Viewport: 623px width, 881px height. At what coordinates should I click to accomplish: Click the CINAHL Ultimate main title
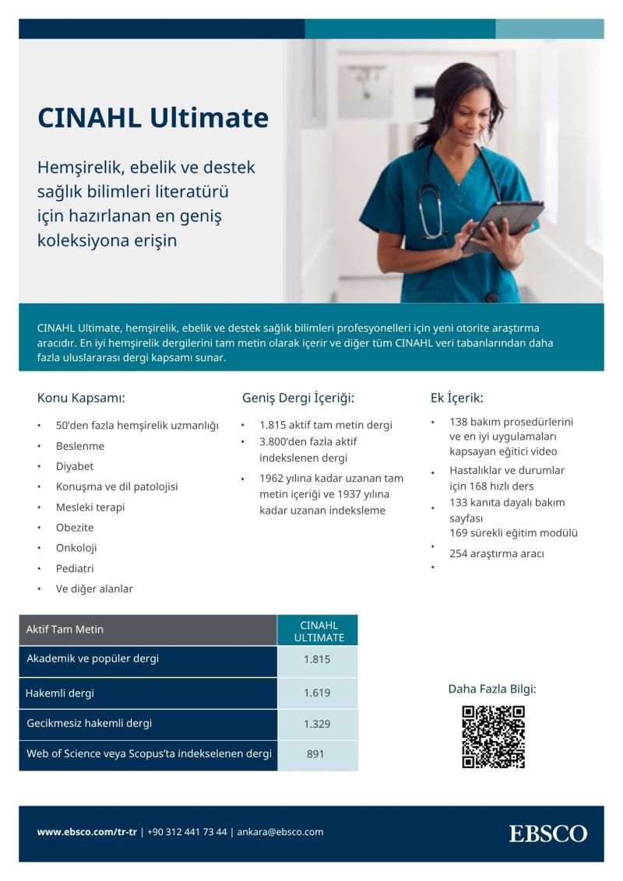point(153,118)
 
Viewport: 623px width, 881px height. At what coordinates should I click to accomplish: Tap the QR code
point(493,736)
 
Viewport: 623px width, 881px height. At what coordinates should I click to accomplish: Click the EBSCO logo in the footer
point(548,834)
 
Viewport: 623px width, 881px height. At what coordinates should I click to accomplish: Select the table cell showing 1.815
point(317,660)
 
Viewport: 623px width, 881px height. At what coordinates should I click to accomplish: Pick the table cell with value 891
point(315,754)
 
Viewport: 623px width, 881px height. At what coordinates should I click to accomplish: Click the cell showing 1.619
point(317,693)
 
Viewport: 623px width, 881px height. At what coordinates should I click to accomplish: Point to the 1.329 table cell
point(317,724)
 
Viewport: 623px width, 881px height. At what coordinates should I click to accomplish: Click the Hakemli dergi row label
point(60,693)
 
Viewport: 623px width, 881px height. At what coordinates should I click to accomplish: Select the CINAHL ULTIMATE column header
point(319,631)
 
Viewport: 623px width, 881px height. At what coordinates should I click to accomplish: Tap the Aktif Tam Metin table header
point(65,630)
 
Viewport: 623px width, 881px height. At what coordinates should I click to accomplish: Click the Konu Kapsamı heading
point(81,398)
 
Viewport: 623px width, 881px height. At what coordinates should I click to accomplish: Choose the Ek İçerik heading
point(456,398)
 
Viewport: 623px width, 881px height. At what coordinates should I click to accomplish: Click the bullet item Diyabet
point(75,466)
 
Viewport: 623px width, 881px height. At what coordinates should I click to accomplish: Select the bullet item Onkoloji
point(76,548)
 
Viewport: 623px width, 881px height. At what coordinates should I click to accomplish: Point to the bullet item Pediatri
point(75,568)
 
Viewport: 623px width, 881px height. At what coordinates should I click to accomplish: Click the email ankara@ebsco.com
point(280,832)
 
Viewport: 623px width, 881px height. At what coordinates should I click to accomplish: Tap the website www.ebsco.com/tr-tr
point(86,832)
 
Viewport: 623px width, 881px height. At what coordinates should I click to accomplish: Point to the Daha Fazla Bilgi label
point(492,689)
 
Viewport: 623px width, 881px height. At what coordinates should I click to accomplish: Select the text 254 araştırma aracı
point(497,554)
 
